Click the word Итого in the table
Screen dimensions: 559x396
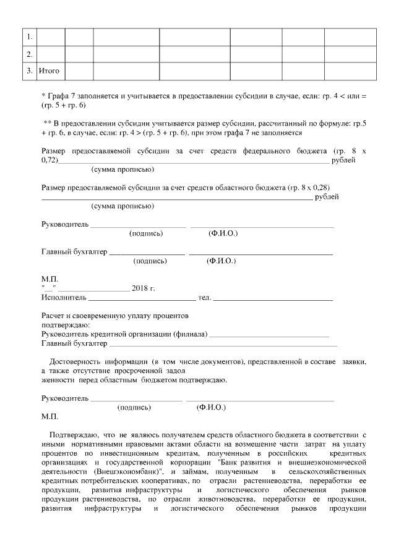point(49,71)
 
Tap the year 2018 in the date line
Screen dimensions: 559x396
point(140,288)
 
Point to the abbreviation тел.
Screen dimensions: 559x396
point(204,298)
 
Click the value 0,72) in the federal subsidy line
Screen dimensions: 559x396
point(49,160)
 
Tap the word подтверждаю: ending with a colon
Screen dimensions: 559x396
point(65,325)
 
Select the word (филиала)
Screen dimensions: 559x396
point(189,334)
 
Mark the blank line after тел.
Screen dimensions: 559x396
point(272,300)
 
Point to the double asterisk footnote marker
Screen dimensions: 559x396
point(47,123)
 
